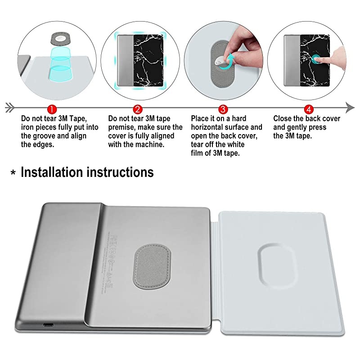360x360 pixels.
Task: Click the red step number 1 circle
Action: point(52,108)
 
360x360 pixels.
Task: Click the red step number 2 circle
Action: point(138,108)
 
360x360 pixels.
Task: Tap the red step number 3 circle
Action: point(222,108)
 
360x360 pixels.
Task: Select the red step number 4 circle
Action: point(308,108)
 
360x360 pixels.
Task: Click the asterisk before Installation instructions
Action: point(12,174)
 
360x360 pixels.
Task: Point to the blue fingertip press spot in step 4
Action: point(319,59)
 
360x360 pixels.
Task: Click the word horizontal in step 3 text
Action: point(209,127)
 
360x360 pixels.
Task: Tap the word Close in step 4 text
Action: point(283,119)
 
